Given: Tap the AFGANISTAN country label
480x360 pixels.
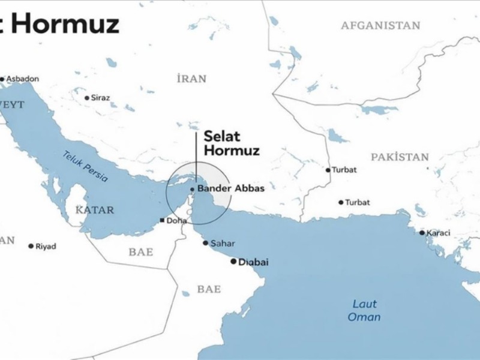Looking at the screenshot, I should pyautogui.click(x=380, y=25).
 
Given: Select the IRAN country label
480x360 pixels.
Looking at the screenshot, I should pyautogui.click(x=192, y=79).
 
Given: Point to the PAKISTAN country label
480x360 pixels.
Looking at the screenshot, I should pyautogui.click(x=400, y=157).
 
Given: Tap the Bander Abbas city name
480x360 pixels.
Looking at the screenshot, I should pyautogui.click(x=231, y=188).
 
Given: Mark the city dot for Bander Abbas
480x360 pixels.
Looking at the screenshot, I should pyautogui.click(x=192, y=189).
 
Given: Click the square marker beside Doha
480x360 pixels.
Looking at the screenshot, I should pyautogui.click(x=162, y=221).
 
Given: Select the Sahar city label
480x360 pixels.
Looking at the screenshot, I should pyautogui.click(x=222, y=244).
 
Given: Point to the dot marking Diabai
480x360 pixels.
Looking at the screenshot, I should pyautogui.click(x=234, y=262).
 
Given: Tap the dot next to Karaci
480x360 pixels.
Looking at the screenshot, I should pyautogui.click(x=422, y=233).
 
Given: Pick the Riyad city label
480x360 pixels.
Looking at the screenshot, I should pyautogui.click(x=46, y=246).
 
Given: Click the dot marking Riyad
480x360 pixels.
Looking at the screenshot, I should pyautogui.click(x=31, y=246).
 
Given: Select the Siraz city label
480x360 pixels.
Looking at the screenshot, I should pyautogui.click(x=101, y=97).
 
